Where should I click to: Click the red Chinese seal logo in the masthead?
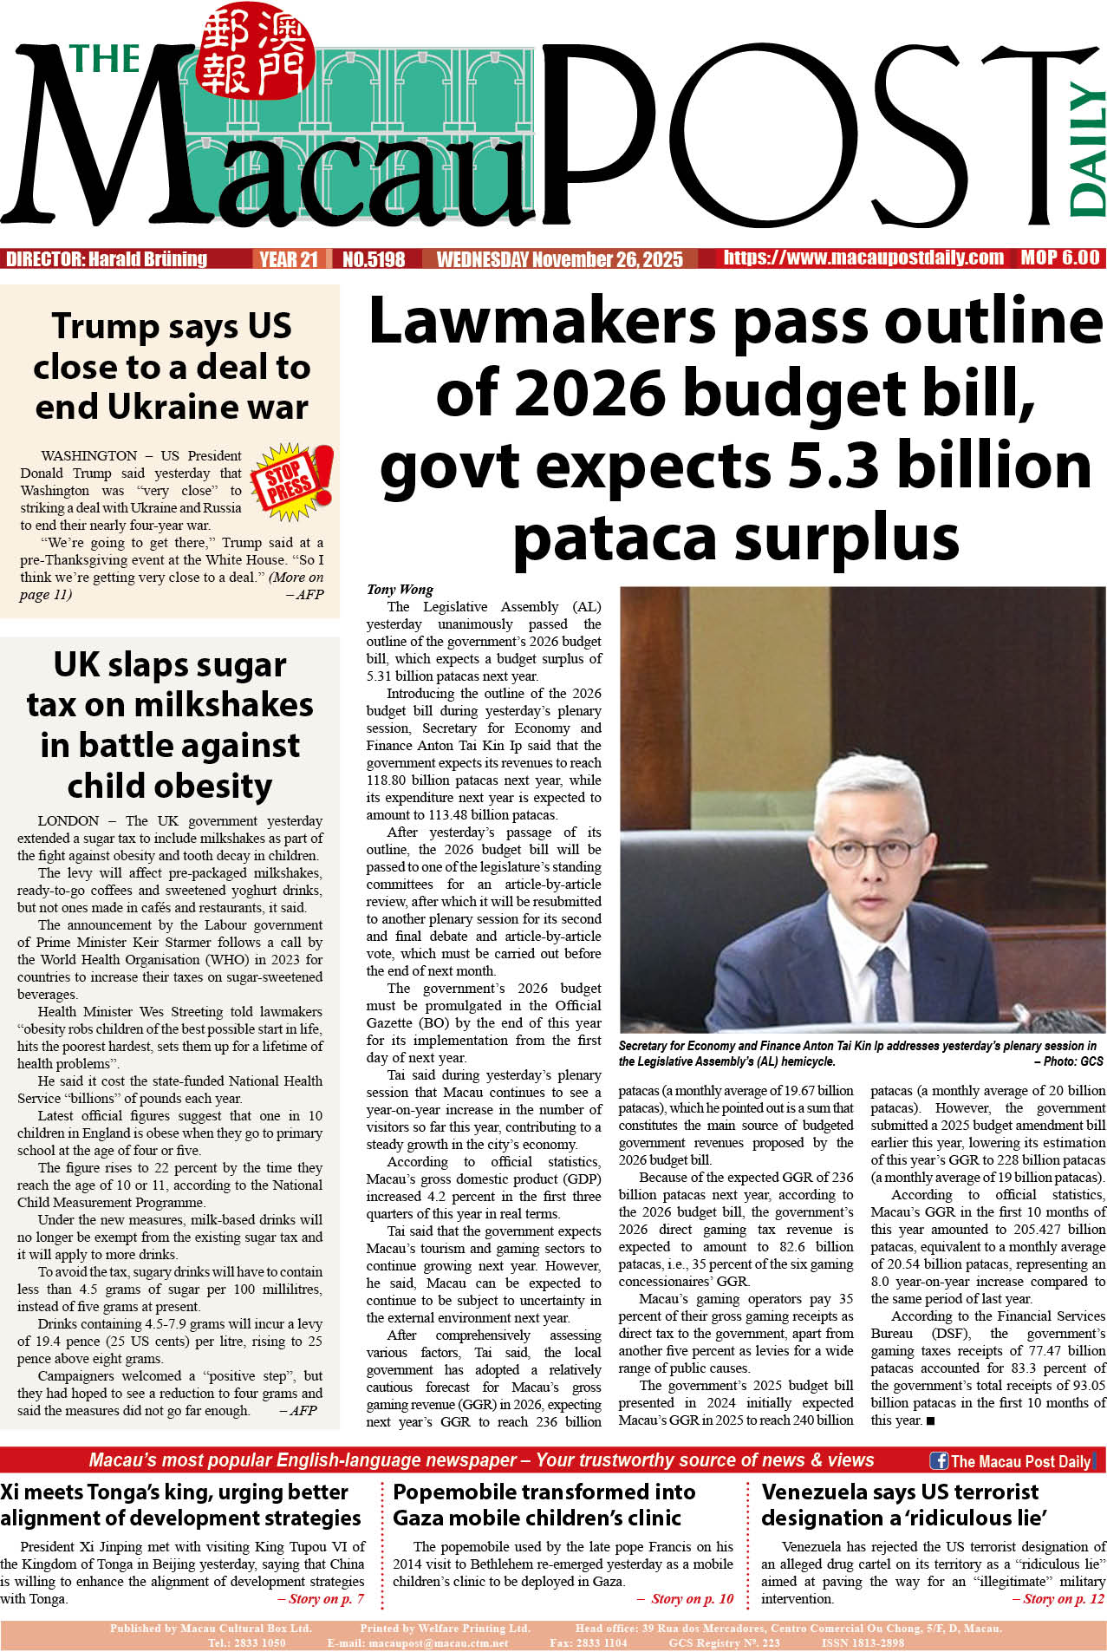254,52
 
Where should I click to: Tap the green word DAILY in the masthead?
1086,149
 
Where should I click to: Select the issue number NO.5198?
374,259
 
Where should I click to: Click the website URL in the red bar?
863,258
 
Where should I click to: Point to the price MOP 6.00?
1059,258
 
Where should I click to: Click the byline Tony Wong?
400,590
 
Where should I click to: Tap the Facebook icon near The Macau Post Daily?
938,1460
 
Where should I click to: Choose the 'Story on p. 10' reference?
692,1598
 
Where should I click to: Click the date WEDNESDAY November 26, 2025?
559,259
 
